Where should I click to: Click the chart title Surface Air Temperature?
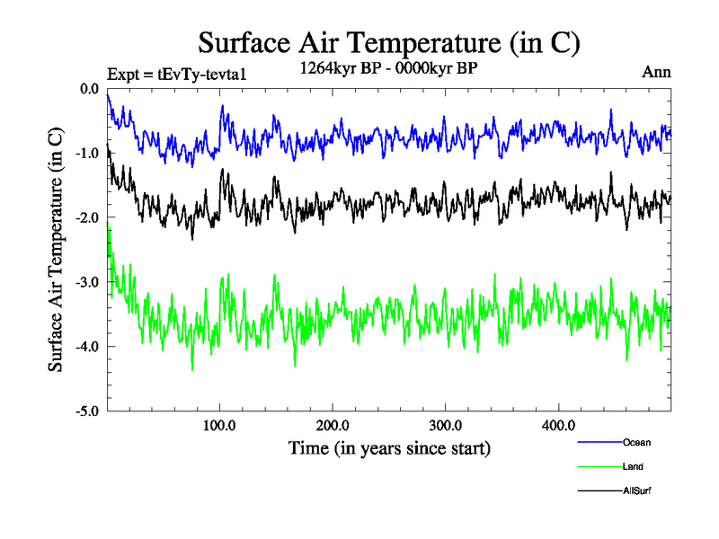[x=389, y=42]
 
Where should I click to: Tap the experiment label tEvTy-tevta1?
[x=176, y=74]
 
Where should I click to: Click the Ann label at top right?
[x=656, y=73]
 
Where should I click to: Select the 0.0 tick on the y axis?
[x=88, y=89]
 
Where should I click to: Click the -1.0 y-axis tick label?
[x=86, y=154]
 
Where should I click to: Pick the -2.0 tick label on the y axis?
[x=86, y=218]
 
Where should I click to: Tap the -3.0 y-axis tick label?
[x=86, y=282]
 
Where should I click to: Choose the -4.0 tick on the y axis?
[x=86, y=347]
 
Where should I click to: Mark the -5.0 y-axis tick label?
[x=86, y=411]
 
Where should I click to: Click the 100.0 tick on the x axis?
[x=220, y=426]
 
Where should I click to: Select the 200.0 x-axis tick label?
[x=333, y=426]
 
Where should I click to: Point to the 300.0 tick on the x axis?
[x=447, y=426]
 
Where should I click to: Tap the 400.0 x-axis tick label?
[x=559, y=426]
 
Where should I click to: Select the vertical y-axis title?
[x=56, y=250]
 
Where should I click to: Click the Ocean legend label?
[x=636, y=442]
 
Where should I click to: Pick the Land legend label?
[x=633, y=467]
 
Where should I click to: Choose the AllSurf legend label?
[x=637, y=491]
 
